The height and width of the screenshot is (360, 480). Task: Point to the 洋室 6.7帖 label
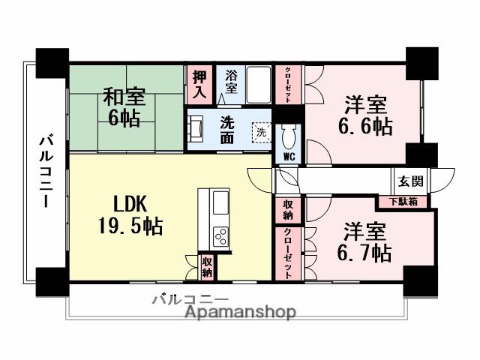point(367,241)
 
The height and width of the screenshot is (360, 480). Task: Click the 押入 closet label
point(198,84)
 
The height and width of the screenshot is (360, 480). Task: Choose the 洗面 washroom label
point(227,130)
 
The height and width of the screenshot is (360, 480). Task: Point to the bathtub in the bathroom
point(258,85)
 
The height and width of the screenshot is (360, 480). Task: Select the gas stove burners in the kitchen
point(222,235)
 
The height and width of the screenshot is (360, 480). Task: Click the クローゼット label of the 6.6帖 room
point(289,85)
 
